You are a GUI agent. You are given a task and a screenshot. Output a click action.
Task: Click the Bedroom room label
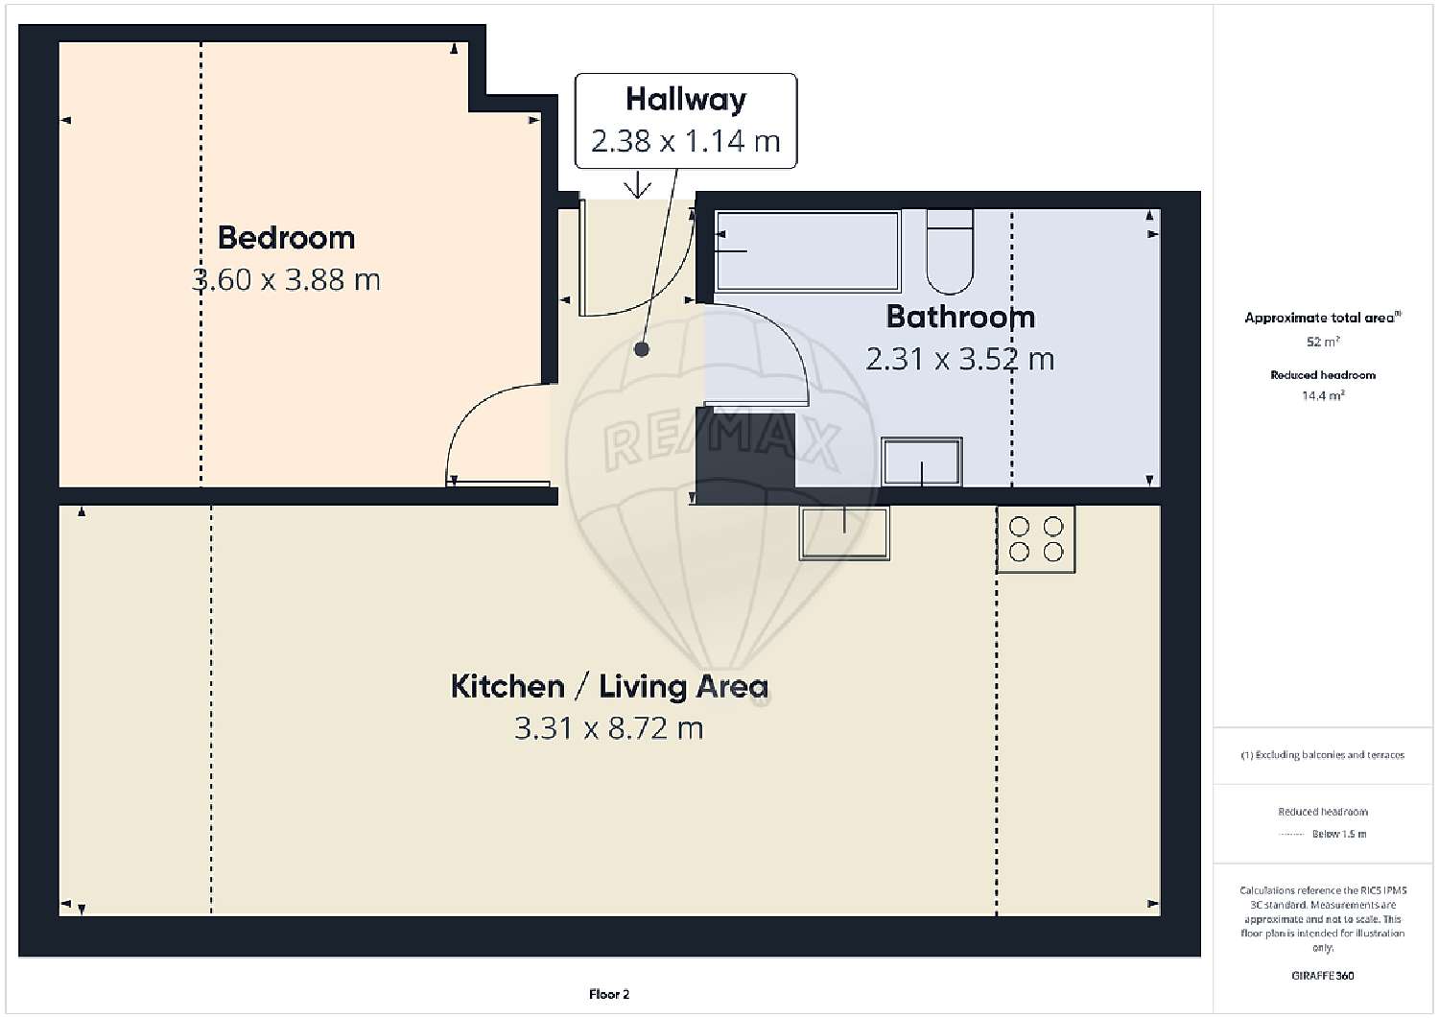(286, 238)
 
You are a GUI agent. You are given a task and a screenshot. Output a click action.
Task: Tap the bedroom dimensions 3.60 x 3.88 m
(286, 279)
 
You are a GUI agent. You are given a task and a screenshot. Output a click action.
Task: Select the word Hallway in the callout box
(686, 100)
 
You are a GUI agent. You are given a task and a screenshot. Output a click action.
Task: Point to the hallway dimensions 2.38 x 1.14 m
(686, 141)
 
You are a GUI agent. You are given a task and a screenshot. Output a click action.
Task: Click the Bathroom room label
(960, 317)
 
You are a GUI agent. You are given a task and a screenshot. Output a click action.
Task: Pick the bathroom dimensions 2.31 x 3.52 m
(959, 359)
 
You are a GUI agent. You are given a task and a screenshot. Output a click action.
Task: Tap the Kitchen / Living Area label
(609, 686)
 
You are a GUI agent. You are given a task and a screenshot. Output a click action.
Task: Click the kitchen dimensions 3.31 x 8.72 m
(609, 728)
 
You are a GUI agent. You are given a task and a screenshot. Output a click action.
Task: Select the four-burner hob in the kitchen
(1035, 539)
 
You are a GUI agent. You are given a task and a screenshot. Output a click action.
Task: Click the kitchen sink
(844, 533)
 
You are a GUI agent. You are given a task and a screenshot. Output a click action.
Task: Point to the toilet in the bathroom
(950, 251)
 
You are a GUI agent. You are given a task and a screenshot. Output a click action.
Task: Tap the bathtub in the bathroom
(808, 250)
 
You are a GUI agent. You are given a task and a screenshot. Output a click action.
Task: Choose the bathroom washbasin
(921, 462)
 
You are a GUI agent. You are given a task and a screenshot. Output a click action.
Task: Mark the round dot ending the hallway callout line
(641, 349)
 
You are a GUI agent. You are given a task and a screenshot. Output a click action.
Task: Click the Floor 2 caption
(609, 994)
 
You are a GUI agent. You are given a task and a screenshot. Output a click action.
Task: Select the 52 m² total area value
(1323, 342)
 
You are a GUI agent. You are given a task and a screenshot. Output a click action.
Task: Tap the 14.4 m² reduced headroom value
(1323, 395)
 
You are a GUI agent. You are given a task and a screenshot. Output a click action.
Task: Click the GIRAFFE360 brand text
(1323, 976)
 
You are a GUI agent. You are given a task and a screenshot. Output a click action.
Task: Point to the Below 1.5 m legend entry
(1339, 834)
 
